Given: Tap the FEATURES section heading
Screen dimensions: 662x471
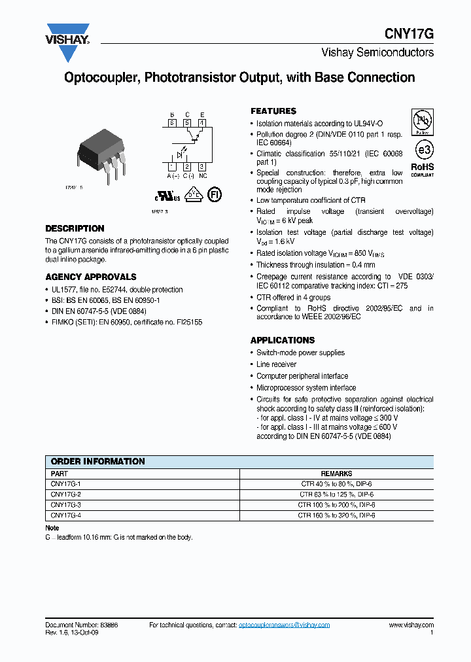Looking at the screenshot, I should (273, 111).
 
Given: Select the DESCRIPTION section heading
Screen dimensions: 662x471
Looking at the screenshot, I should (75, 229).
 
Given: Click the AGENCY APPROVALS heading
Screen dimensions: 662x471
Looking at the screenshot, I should (91, 277).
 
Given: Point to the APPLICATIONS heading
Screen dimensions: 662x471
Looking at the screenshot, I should (283, 340).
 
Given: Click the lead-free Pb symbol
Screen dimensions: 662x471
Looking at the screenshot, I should (422, 123).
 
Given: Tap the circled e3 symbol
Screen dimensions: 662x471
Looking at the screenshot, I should (423, 150).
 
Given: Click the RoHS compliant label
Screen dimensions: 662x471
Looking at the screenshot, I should (422, 169).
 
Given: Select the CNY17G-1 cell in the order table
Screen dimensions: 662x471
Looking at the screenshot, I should (65, 484).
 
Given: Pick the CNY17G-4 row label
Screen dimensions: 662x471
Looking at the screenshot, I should (65, 515).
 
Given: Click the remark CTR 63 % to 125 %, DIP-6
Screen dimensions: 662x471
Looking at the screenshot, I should (336, 495).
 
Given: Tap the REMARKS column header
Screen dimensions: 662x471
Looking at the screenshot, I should (336, 474).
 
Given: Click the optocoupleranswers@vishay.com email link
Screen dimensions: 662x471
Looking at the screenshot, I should (284, 625).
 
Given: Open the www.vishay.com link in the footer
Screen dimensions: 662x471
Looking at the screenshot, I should (411, 625).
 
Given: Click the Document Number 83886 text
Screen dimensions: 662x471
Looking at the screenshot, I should (81, 625).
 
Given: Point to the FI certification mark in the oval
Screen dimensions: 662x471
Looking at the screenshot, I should (215, 194).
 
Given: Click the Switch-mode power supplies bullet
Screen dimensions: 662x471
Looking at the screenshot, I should (300, 353).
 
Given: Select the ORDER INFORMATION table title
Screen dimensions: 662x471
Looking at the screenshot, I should (98, 462).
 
